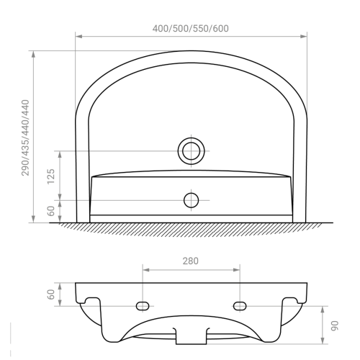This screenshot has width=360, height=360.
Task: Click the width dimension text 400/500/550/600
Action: click(x=191, y=29)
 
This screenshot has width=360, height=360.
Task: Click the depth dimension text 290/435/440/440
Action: click(x=25, y=138)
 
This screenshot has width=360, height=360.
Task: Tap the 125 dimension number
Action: click(x=51, y=176)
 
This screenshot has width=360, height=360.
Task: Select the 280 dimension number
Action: click(x=191, y=261)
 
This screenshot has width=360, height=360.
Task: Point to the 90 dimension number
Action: click(x=334, y=325)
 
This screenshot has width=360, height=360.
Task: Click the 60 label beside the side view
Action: click(x=51, y=294)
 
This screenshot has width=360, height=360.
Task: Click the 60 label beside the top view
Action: click(x=51, y=211)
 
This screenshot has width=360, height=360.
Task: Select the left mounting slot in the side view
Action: click(x=143, y=306)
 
